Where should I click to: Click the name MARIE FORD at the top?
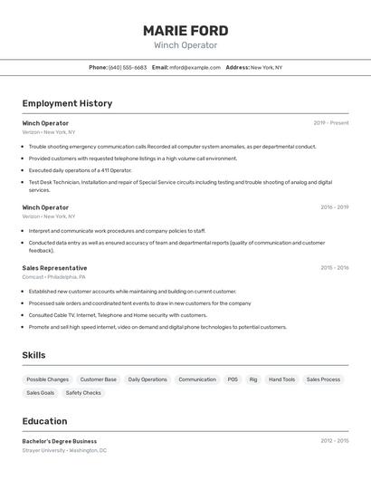point(185,31)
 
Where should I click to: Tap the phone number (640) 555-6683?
point(128,67)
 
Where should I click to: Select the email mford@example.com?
point(195,67)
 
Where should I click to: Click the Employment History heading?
point(67,103)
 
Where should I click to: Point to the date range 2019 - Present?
point(330,122)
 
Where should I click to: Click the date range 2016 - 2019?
point(334,206)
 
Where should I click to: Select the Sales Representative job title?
point(55,268)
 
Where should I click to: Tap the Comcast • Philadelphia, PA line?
point(54,277)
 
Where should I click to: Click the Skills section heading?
point(34,355)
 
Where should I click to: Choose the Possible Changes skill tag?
point(47,379)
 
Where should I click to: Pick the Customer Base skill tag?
point(98,379)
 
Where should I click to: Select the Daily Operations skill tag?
point(147,379)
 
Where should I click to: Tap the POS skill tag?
point(233,379)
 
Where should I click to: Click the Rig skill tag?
point(253,379)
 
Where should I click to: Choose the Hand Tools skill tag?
point(281,379)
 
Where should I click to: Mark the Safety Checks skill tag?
point(83,393)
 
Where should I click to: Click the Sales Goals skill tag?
point(41,393)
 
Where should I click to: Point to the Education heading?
point(45,421)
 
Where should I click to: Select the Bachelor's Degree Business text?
point(60,441)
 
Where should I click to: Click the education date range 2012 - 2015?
point(334,441)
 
